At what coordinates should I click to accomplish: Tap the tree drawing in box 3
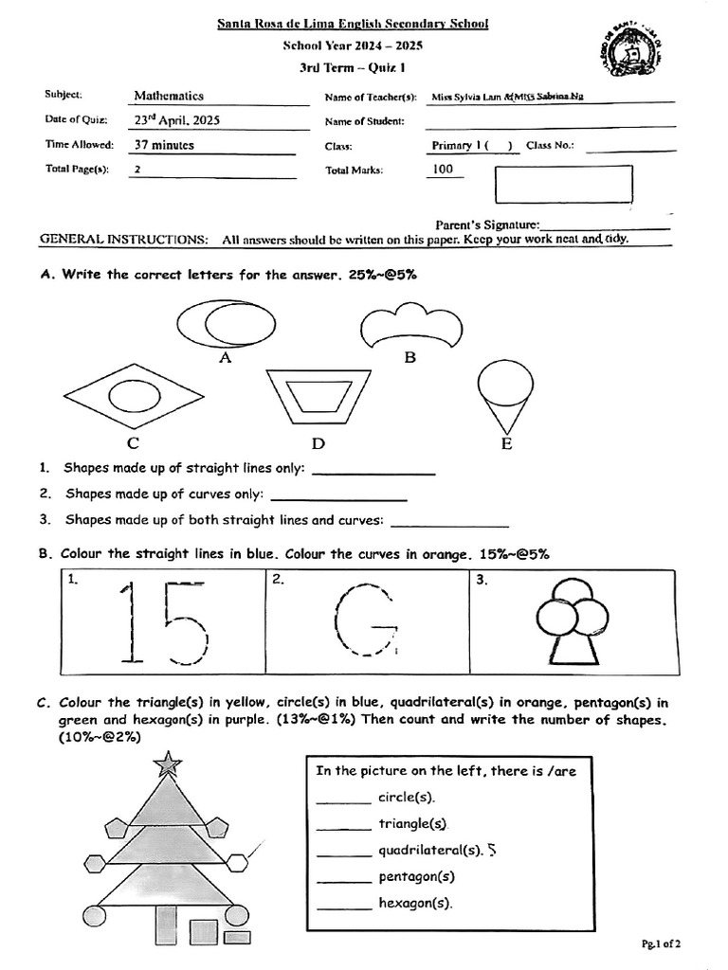tap(571, 622)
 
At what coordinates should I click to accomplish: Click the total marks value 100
tap(442, 170)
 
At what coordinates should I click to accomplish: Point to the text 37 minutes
tap(164, 145)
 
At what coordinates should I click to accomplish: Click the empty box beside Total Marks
tap(563, 184)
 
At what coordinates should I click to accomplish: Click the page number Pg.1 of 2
tap(661, 943)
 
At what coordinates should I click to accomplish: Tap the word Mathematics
tap(169, 96)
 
